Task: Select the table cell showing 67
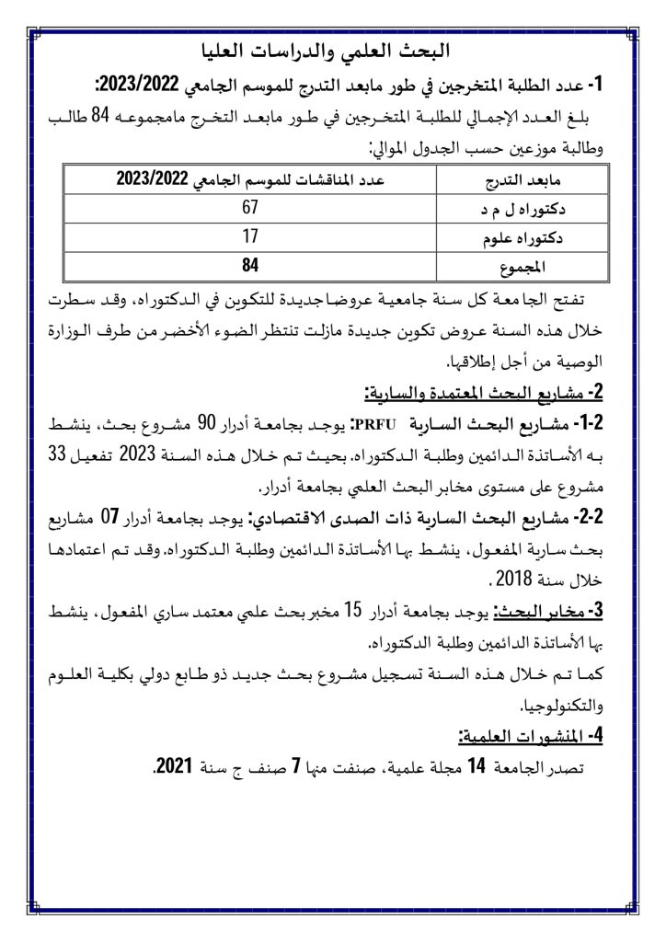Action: pyautogui.click(x=249, y=209)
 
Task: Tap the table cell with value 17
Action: pyautogui.click(x=249, y=238)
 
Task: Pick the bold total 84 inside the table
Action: pyautogui.click(x=249, y=268)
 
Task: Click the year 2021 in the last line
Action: pyautogui.click(x=173, y=767)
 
